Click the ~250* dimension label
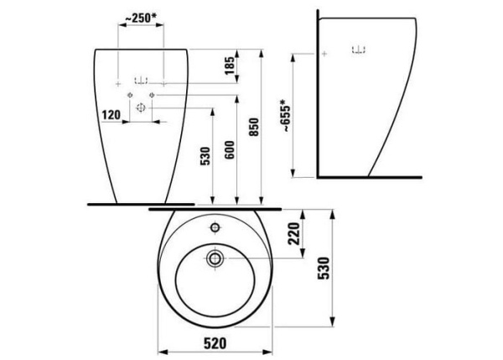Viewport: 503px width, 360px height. point(141,18)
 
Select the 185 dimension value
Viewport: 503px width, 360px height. point(230,65)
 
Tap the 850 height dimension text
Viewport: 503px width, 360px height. point(254,127)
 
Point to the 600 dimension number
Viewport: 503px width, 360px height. point(230,149)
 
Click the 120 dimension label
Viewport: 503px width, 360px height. point(111,115)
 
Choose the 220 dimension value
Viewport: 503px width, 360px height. point(294,233)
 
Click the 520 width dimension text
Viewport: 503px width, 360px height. point(215,343)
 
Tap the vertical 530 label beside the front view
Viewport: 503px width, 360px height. point(205,156)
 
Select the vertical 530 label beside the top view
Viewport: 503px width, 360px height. point(324,268)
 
